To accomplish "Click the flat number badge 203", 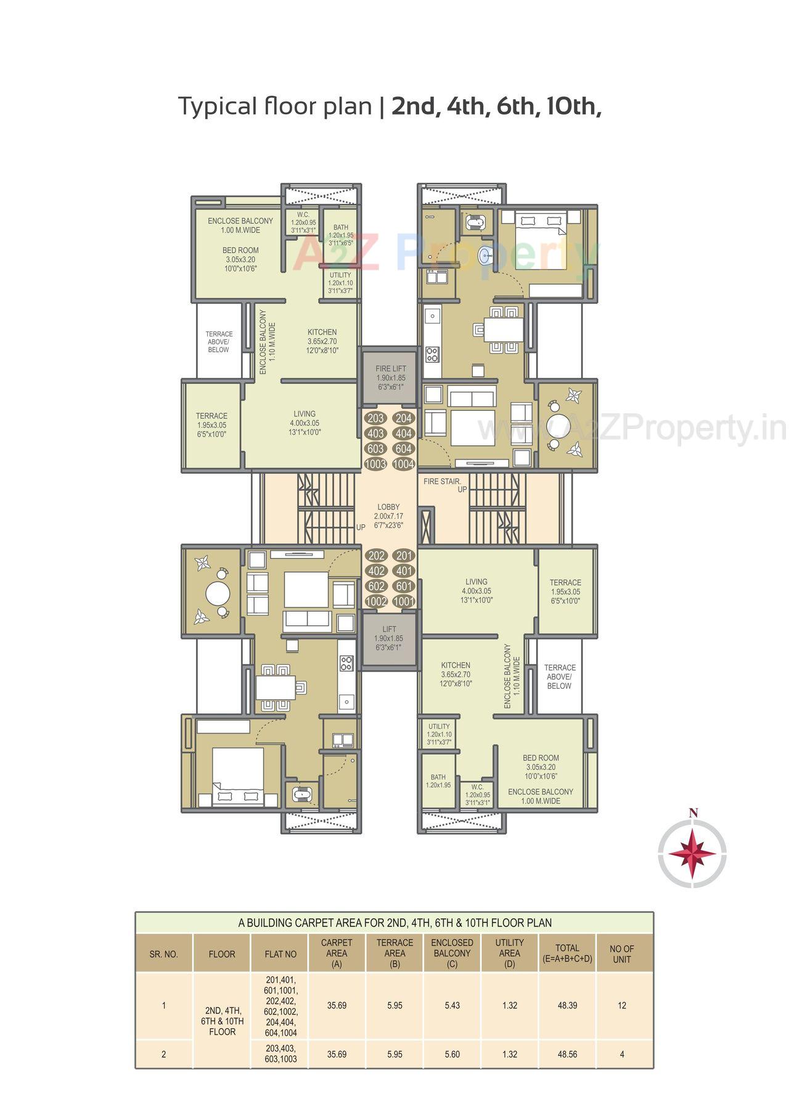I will [x=375, y=418].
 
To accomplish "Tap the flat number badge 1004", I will [x=403, y=465].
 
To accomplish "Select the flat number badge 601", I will [x=403, y=586].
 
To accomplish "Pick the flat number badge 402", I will [x=375, y=571].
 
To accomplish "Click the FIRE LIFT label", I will [x=391, y=368].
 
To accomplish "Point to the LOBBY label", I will [x=389, y=507].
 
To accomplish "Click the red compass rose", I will [x=692, y=855].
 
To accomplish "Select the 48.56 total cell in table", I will [x=567, y=1054].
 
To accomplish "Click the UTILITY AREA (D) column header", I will [x=509, y=952].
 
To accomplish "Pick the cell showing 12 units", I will [x=621, y=1005].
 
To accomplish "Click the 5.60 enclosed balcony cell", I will [x=452, y=1054].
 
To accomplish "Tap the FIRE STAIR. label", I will [x=442, y=481].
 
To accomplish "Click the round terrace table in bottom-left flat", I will [x=217, y=595].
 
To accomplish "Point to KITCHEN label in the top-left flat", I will [x=322, y=332].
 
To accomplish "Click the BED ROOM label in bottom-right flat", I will [x=541, y=758].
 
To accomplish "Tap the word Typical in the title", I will [x=216, y=107].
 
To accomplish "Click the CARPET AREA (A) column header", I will [x=337, y=952].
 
